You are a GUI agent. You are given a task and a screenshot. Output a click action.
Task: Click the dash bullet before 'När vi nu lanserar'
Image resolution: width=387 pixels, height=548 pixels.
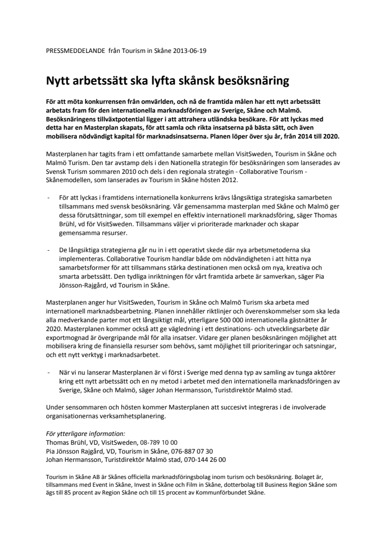48,373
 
